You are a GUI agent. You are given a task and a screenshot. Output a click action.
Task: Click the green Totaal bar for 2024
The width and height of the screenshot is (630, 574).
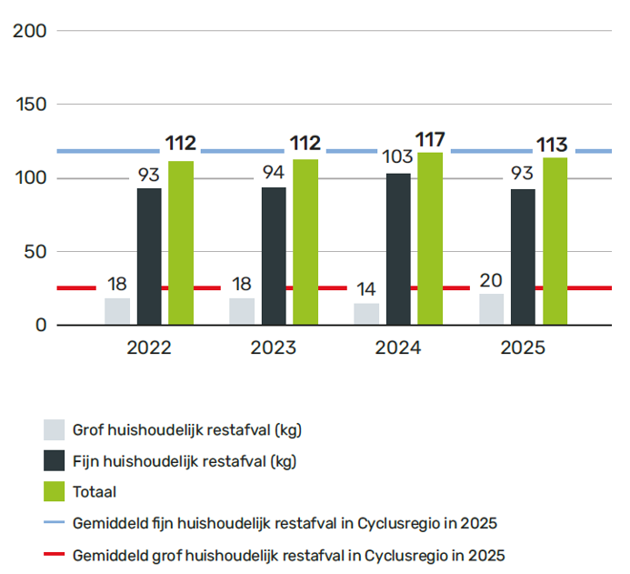click(x=430, y=238)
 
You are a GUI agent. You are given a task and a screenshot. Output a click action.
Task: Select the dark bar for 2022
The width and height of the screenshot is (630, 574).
click(x=149, y=257)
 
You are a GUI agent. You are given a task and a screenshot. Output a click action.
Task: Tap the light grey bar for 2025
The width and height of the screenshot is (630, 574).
click(x=492, y=309)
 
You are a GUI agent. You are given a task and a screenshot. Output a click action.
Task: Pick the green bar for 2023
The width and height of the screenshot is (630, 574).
click(x=305, y=242)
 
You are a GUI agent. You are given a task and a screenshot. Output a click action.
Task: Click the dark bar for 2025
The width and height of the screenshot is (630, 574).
click(x=523, y=257)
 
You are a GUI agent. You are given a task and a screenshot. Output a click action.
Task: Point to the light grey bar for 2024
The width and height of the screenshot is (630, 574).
click(x=366, y=314)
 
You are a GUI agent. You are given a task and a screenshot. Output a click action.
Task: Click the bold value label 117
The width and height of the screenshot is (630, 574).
click(x=430, y=140)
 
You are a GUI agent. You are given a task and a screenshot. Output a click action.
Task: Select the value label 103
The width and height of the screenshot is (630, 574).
click(x=397, y=156)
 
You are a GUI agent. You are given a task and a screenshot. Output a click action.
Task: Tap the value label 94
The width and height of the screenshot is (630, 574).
click(x=274, y=173)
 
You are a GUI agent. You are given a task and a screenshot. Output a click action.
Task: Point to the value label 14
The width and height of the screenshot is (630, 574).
click(x=366, y=289)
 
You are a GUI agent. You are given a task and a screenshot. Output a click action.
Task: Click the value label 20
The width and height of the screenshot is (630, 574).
click(x=491, y=280)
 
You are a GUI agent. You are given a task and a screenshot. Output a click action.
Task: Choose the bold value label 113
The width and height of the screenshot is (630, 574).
click(x=552, y=145)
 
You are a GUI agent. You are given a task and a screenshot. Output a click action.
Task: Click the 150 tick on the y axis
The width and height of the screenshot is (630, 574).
click(x=31, y=105)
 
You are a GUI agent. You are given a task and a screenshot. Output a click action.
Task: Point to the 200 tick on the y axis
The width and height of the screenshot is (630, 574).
click(x=30, y=31)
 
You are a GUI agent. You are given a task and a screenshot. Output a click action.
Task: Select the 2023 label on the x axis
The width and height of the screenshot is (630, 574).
click(x=274, y=347)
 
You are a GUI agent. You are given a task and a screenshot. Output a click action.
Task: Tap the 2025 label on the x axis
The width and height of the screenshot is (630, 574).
click(x=523, y=347)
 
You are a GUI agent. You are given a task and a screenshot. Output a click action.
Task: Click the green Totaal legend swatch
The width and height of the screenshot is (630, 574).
click(x=54, y=491)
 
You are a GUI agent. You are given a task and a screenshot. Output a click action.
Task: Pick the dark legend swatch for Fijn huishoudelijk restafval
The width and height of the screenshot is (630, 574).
click(x=54, y=460)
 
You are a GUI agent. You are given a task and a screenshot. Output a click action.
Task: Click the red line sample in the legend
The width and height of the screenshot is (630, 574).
click(x=54, y=554)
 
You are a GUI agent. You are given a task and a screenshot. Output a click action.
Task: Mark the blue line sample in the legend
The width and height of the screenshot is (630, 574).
click(x=54, y=522)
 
